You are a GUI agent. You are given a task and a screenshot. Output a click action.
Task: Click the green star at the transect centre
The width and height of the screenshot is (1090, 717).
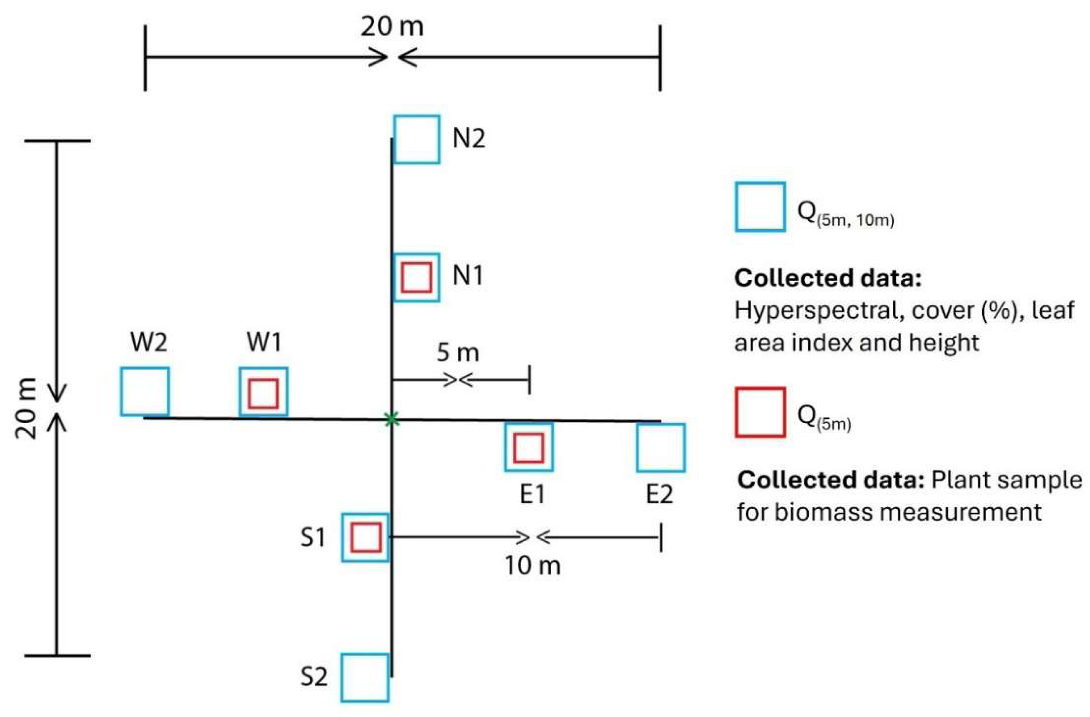tap(391, 419)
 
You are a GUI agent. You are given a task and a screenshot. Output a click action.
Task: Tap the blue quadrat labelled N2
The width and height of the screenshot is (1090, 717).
tap(417, 139)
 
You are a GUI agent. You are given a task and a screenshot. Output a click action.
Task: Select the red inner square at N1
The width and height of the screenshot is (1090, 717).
tap(416, 277)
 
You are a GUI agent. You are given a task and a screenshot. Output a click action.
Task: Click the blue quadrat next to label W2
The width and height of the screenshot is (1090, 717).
tap(145, 391)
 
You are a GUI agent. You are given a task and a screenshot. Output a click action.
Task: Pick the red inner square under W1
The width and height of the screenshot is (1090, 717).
tap(263, 393)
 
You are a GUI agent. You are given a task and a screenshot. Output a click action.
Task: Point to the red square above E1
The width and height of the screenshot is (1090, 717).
tap(528, 448)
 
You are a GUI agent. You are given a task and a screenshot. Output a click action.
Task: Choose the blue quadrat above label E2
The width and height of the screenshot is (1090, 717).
tap(661, 448)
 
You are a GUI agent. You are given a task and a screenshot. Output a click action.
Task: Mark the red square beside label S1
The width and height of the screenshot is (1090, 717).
tap(366, 537)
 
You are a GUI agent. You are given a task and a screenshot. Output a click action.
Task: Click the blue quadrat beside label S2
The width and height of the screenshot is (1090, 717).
tap(365, 677)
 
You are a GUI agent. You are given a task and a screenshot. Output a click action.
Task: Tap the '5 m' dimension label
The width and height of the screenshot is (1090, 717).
tap(458, 353)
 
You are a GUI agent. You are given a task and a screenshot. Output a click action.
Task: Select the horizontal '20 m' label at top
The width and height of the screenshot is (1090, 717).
tap(392, 27)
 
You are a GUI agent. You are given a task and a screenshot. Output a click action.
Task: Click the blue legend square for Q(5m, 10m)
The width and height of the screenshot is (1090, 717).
tap(760, 207)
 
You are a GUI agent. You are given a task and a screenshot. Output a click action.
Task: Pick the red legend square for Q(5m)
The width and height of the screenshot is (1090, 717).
tap(760, 412)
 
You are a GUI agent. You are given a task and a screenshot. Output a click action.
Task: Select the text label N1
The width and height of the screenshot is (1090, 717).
tap(467, 276)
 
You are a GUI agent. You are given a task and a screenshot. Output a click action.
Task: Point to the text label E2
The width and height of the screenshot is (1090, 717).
tap(660, 494)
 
